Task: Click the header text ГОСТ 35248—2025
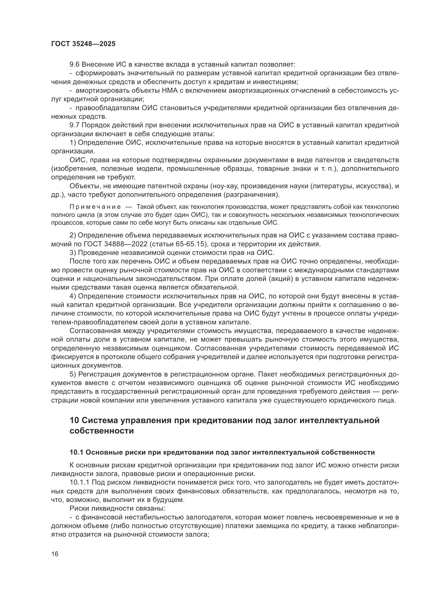[83, 44]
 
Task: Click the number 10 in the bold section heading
[74, 420]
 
